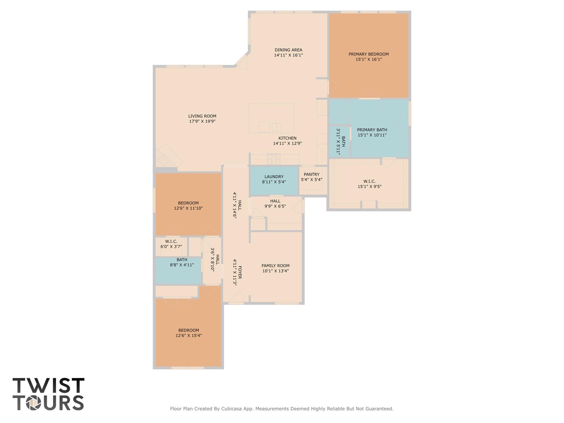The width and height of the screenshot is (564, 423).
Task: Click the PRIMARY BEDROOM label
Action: (x=368, y=54)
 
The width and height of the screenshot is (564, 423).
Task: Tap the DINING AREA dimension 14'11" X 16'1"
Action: (x=288, y=55)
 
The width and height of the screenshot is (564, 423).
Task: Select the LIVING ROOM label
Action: (x=202, y=116)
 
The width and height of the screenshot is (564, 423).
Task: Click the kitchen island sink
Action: (x=276, y=127)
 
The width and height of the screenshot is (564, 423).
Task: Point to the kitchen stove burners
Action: (x=274, y=159)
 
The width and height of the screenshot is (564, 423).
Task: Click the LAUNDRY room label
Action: (x=274, y=177)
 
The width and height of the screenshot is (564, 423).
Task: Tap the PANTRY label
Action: (x=311, y=174)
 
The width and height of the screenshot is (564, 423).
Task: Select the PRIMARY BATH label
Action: (x=372, y=130)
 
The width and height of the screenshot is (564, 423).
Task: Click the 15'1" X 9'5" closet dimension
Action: (x=369, y=187)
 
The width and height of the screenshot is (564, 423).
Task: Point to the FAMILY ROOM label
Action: (x=275, y=266)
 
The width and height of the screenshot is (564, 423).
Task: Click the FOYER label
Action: (x=240, y=272)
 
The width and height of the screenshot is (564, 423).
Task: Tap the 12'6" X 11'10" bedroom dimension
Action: (x=188, y=208)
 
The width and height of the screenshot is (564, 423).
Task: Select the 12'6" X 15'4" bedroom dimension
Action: (x=188, y=336)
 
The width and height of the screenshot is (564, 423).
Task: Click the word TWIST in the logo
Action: (x=48, y=386)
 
